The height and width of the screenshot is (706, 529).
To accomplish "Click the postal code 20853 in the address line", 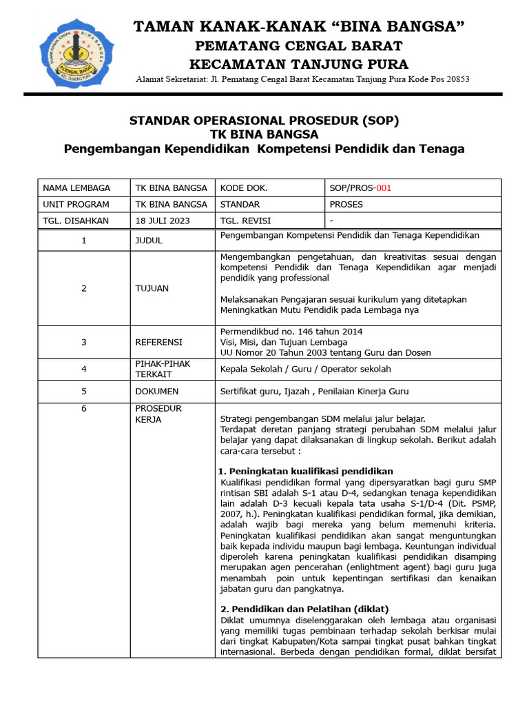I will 455,79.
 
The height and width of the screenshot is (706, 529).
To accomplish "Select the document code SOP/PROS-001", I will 362,188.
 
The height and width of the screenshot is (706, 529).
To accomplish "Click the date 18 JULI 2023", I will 163,221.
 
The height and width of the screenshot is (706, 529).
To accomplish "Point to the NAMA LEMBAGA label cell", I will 76,188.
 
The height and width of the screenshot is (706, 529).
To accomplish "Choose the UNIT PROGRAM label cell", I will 76,204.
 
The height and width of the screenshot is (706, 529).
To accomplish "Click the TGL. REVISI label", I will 245,221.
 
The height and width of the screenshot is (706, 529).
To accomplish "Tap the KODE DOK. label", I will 244,188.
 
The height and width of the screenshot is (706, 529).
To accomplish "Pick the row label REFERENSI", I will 159,342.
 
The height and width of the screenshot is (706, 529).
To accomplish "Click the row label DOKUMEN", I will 158,392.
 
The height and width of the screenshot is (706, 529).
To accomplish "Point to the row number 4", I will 84,369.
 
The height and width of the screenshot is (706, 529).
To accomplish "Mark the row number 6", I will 84,408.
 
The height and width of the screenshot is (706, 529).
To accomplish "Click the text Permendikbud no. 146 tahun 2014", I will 291,332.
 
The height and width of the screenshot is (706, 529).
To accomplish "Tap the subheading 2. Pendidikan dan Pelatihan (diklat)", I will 304,609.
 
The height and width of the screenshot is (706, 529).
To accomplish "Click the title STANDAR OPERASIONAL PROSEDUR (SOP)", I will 264,121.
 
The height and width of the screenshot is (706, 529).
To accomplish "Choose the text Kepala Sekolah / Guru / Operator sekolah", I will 306,369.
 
